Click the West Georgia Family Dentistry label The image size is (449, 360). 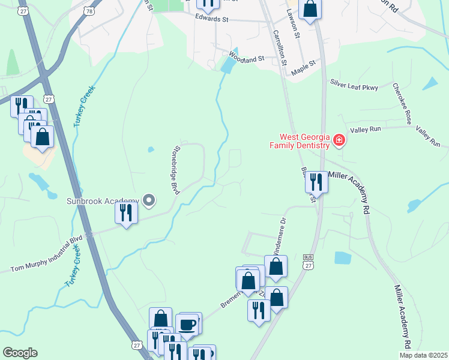coord(300,141)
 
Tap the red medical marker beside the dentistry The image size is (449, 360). coord(339,140)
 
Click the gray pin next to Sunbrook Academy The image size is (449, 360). coord(149,200)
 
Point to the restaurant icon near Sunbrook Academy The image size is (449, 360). coord(126,213)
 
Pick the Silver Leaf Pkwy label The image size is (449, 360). coord(353,87)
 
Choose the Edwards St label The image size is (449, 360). coord(212,19)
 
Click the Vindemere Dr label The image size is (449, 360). coord(279,235)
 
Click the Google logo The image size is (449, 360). coord(20,353)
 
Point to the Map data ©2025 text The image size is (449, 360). coord(424,355)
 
